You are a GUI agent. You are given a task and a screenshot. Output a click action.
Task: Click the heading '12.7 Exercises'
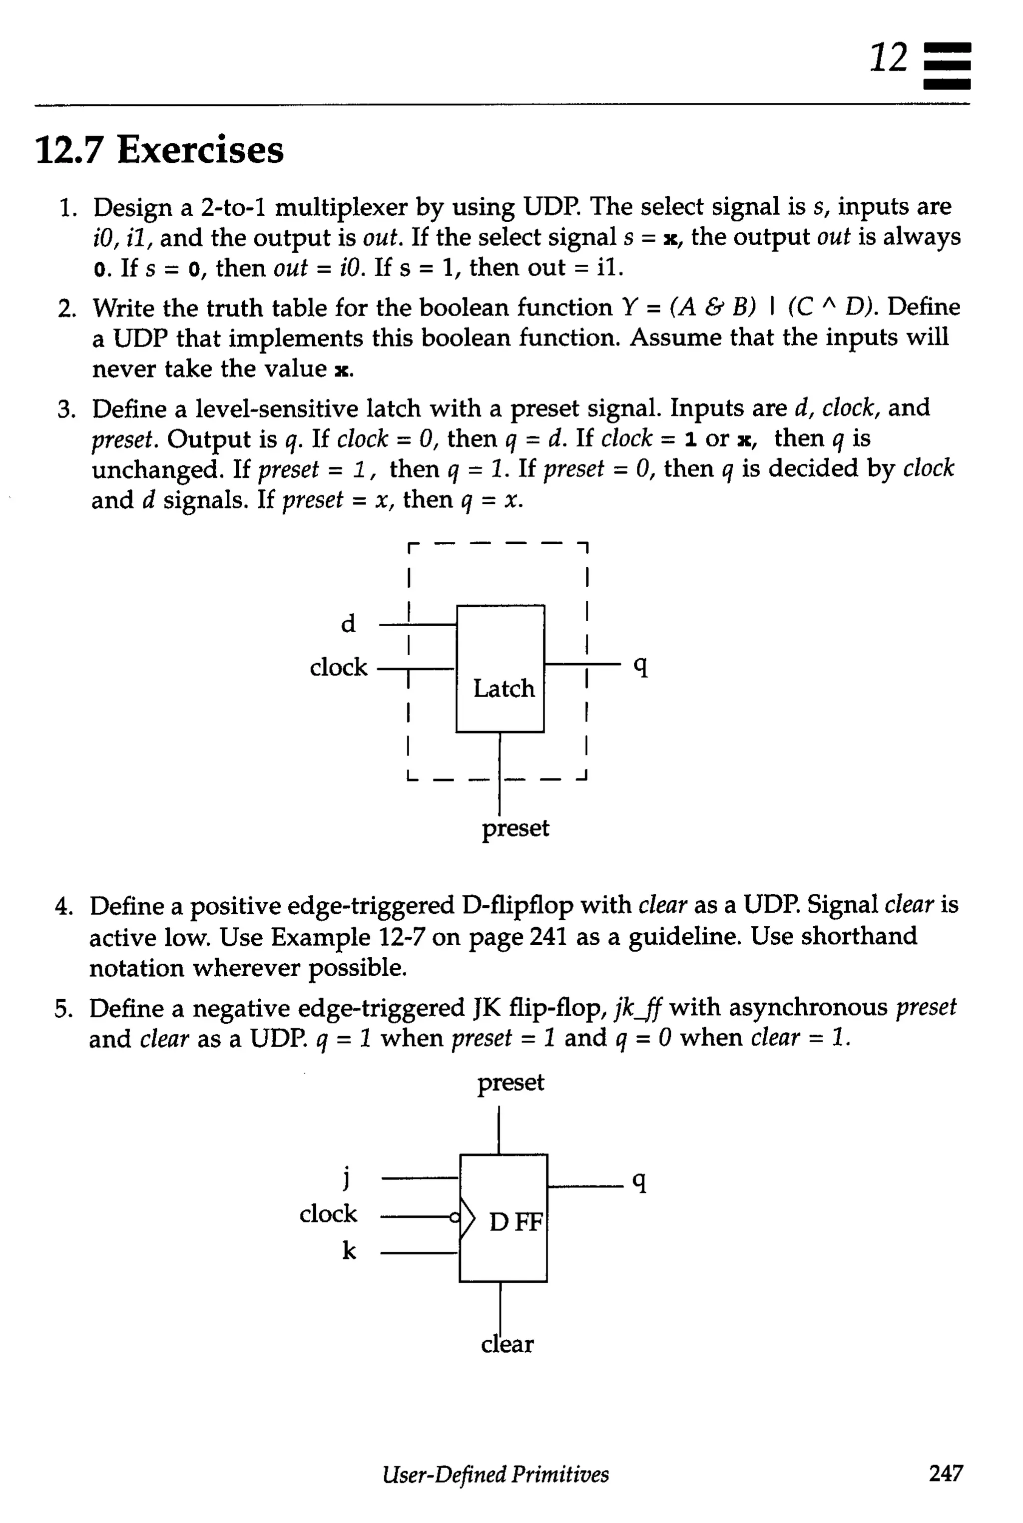coord(159,150)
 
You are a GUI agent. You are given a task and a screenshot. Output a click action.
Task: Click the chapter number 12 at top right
coord(889,58)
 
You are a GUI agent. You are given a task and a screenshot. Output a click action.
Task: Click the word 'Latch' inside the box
coord(504,688)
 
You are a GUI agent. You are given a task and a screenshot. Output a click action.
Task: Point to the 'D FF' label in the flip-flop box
coord(515,1222)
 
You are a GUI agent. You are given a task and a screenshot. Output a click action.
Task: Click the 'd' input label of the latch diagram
coord(348,624)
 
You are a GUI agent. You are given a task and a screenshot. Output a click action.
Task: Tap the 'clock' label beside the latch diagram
coord(339,667)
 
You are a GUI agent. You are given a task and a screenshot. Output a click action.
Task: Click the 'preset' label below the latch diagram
coord(515,828)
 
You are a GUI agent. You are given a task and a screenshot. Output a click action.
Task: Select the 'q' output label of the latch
coord(641,666)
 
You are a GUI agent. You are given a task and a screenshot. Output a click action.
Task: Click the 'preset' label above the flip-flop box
coord(510,1083)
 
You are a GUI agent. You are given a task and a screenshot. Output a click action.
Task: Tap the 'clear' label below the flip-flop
coord(507,1344)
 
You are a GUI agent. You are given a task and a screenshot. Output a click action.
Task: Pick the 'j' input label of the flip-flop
coord(347,1177)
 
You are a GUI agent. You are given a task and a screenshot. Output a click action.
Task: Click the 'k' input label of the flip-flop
coord(349,1250)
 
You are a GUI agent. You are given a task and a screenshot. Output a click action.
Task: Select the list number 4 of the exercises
coord(63,907)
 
